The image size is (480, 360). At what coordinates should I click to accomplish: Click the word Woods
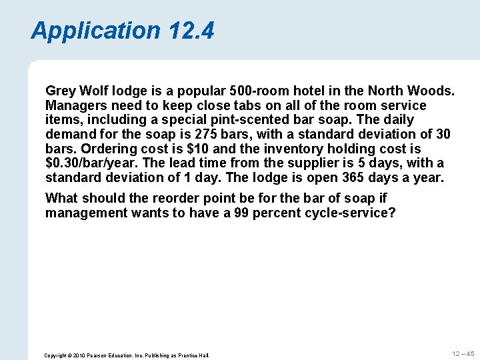pos(433,90)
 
